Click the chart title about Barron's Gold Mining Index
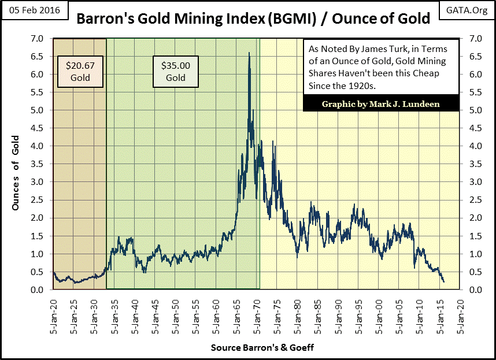point(253,18)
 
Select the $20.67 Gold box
point(80,72)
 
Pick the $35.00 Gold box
point(176,72)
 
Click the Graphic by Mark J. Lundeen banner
point(380,104)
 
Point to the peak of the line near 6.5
point(249,53)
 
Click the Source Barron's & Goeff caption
point(255,348)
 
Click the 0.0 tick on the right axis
point(470,290)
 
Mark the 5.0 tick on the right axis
point(470,110)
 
